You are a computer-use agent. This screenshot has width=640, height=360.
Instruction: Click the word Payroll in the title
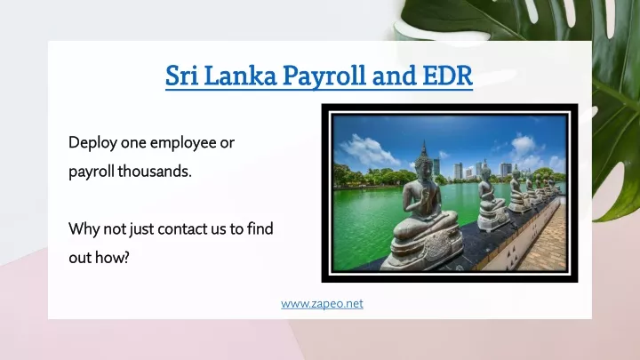(324, 76)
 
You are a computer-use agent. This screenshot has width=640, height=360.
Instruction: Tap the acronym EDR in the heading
(447, 75)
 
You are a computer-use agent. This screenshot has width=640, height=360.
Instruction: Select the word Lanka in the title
(240, 75)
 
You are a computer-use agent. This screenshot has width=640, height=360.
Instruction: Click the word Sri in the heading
(181, 75)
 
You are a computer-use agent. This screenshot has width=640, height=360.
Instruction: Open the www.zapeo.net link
(322, 304)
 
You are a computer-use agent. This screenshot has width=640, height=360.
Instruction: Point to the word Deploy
(92, 143)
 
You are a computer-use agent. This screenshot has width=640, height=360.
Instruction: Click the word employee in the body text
(183, 143)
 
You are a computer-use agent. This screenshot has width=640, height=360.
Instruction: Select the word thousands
(155, 172)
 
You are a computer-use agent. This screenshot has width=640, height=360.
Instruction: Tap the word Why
(84, 229)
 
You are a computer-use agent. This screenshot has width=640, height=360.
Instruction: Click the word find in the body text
(260, 228)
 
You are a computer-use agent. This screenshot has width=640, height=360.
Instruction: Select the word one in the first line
(133, 144)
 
